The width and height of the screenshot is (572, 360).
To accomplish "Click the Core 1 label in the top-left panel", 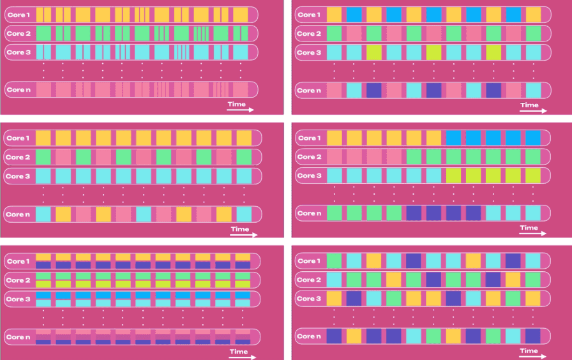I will click(x=19, y=14).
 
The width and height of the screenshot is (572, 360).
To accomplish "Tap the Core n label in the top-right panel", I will click(x=310, y=91).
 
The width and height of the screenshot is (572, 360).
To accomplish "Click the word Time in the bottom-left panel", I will click(x=239, y=351).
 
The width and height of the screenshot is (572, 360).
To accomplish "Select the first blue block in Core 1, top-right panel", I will click(x=354, y=14).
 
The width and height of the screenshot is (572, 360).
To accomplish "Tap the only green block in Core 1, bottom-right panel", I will click(x=334, y=260).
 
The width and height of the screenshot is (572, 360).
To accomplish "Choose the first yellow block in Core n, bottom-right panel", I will click(x=354, y=336).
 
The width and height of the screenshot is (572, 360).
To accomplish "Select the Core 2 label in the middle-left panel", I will click(x=19, y=157).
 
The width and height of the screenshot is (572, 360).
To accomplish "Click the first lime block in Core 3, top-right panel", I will click(x=374, y=52).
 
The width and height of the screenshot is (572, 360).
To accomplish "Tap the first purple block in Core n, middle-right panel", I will click(x=414, y=213).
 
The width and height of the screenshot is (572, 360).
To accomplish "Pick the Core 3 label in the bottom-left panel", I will click(x=19, y=299).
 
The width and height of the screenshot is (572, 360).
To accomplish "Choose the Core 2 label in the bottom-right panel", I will click(x=310, y=280).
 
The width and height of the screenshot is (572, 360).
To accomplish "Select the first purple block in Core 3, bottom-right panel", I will click(x=354, y=298).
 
